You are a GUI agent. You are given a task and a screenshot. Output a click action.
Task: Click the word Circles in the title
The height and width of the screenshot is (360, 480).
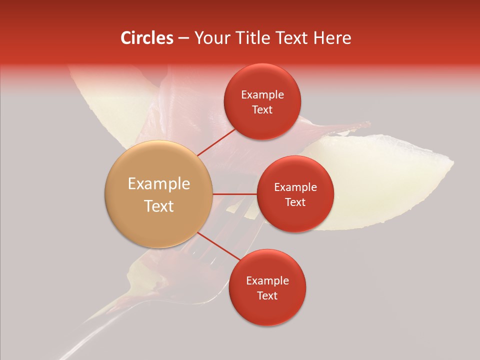coord(146,38)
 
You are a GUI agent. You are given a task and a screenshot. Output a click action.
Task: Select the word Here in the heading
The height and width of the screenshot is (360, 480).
coord(332,38)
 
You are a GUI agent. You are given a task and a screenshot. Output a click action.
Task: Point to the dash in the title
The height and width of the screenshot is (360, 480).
coord(183,38)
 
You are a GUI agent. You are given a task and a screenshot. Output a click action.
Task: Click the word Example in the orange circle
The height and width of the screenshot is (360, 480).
coord(159,184)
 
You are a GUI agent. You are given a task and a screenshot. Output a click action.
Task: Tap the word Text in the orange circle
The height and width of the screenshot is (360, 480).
coord(159,206)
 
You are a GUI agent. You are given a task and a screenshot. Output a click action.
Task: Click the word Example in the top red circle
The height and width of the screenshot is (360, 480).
coord(262,95)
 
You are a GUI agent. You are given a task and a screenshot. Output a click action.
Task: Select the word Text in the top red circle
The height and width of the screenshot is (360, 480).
coord(262,110)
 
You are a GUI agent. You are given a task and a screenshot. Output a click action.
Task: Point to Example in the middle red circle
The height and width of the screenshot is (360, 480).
coord(295,187)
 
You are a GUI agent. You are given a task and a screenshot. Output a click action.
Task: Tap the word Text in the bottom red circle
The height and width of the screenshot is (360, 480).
coord(267,295)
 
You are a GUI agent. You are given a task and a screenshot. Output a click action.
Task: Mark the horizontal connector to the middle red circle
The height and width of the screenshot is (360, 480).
coord(235,194)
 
